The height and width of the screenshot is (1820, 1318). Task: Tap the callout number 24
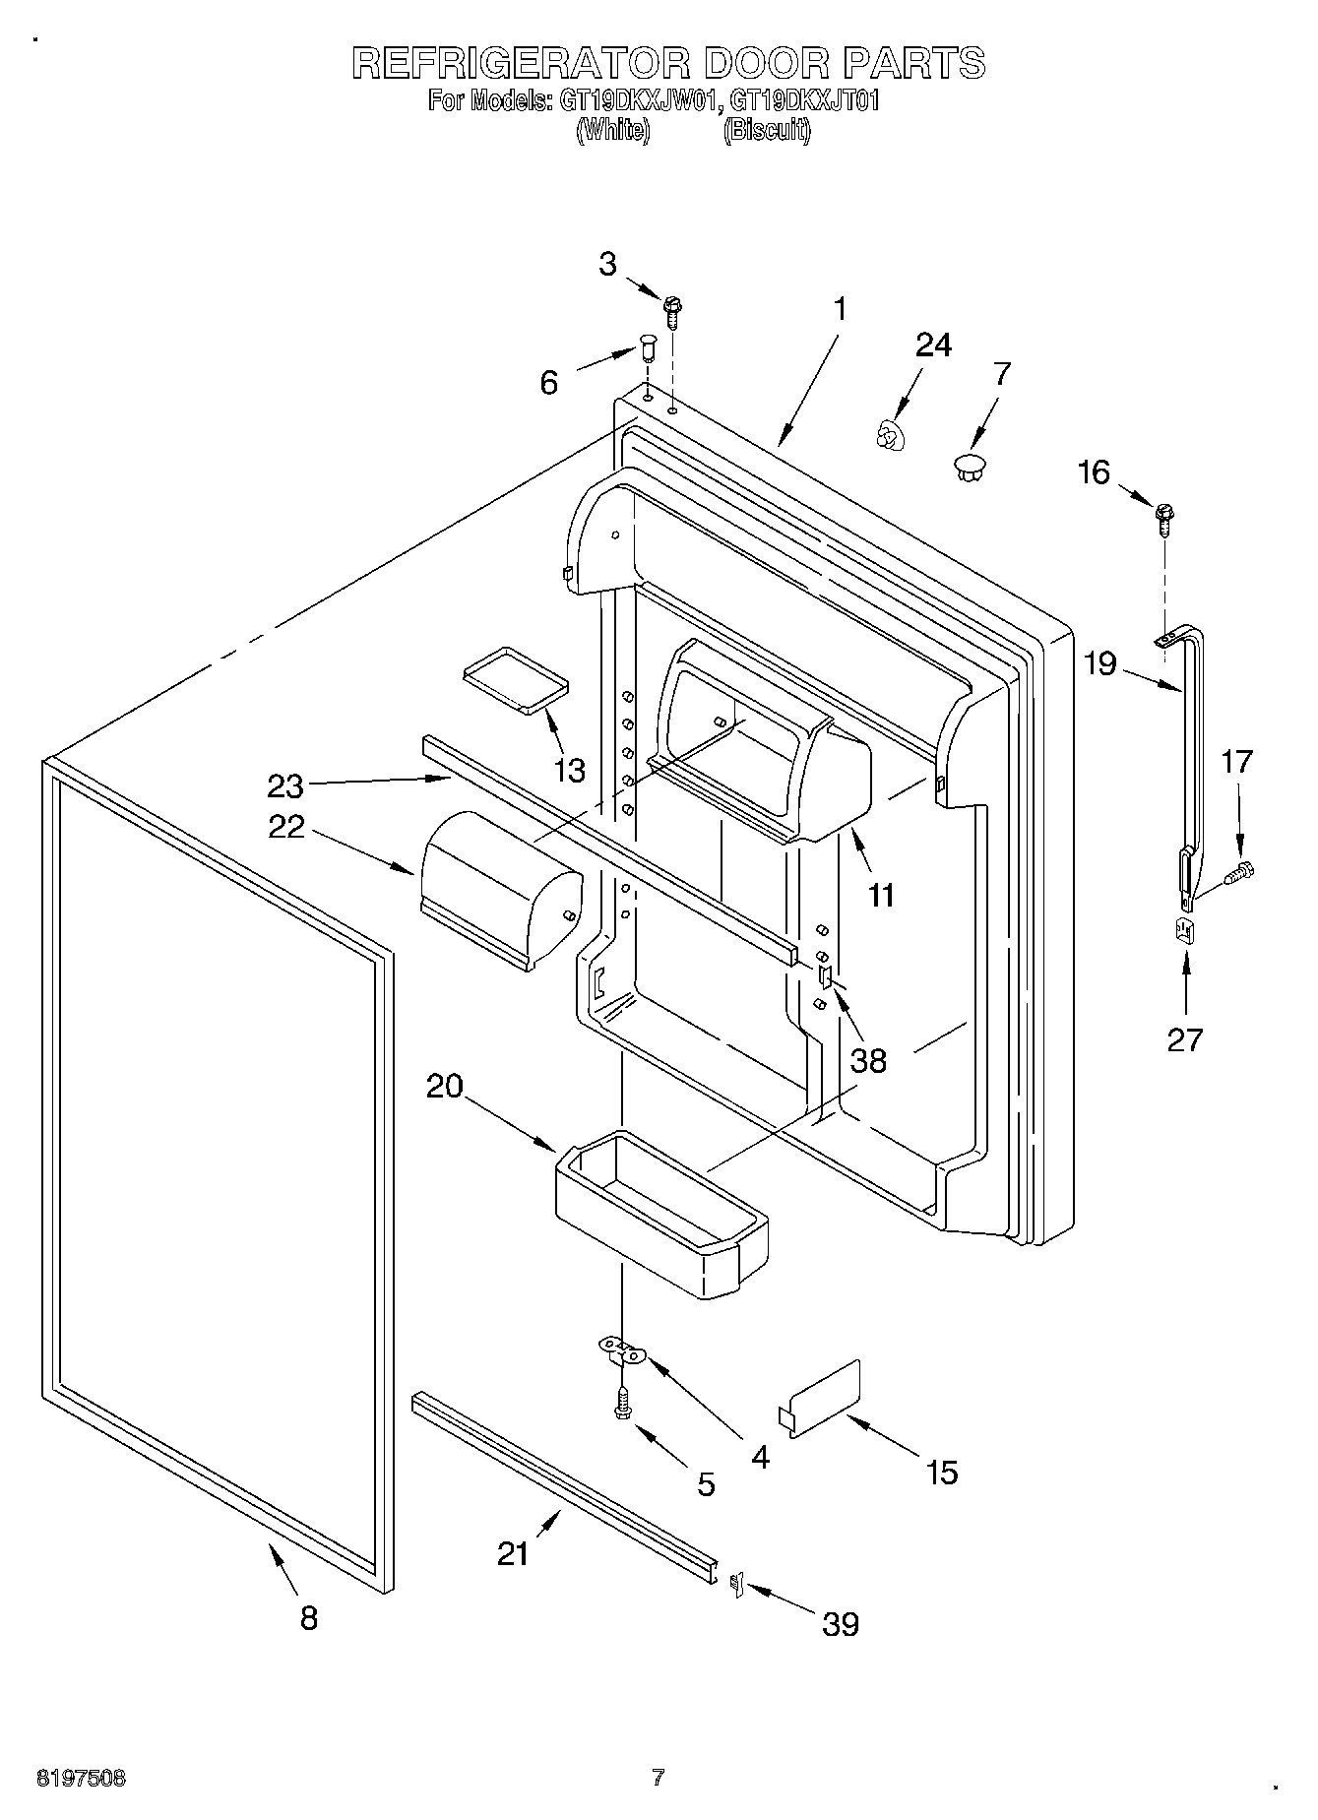click(x=933, y=345)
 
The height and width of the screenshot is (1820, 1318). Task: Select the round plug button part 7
click(x=971, y=468)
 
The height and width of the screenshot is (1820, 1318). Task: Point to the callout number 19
click(x=1100, y=663)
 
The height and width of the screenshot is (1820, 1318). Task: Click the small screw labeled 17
click(x=1240, y=871)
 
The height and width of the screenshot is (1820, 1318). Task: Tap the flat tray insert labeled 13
click(x=516, y=678)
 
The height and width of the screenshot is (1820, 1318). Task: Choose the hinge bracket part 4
click(x=623, y=1350)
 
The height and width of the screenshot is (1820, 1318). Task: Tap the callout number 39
click(x=841, y=1623)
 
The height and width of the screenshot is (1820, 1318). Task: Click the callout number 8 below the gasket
click(x=309, y=1617)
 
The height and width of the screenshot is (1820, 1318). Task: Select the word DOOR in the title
click(x=766, y=63)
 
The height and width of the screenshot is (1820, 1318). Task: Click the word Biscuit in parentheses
click(x=767, y=131)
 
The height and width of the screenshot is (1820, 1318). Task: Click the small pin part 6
click(x=648, y=348)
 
